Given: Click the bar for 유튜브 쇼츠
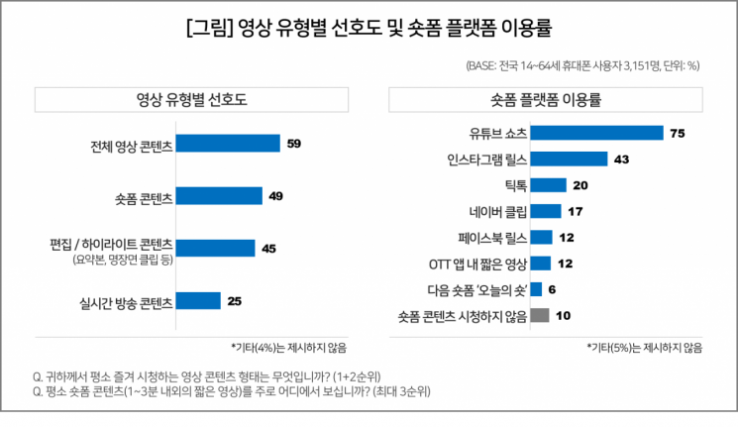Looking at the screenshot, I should point(596,133).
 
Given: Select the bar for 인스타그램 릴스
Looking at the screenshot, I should point(569,159).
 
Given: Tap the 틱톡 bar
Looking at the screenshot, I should point(548,184).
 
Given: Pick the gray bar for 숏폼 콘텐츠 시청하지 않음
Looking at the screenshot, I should point(540,316).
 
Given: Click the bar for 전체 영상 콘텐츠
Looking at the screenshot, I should point(227,144).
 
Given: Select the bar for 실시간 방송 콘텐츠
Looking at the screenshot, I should point(197,300).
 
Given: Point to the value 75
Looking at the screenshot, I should point(678,133).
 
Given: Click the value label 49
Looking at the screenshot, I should point(276,196).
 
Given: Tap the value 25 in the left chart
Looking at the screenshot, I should point(235,300).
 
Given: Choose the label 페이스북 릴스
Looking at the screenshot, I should point(492,237).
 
